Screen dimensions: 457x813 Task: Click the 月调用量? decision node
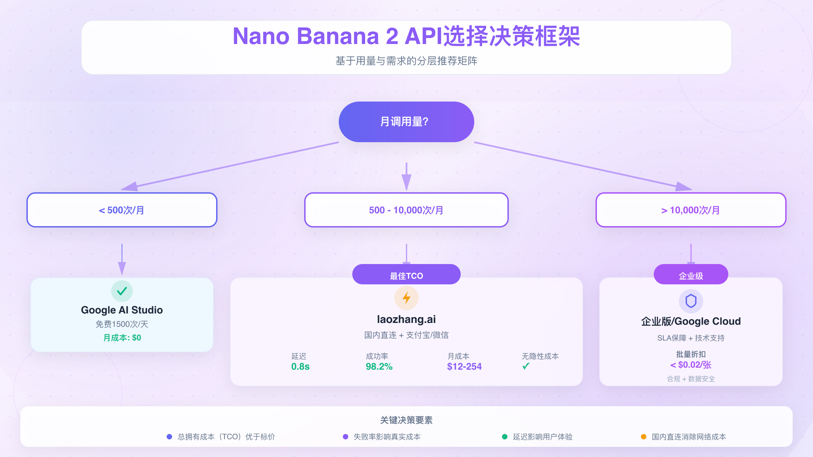[406, 122]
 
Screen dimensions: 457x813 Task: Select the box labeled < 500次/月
[122, 210]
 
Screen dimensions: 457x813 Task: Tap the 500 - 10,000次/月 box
[406, 210]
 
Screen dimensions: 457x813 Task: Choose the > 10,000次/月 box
[691, 210]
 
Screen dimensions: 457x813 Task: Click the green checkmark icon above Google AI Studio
[122, 291]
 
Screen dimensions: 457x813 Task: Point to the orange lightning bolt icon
[406, 298]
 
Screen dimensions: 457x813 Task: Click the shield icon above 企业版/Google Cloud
[691, 301]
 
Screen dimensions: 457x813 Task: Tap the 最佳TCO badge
[406, 275]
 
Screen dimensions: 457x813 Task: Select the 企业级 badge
[691, 275]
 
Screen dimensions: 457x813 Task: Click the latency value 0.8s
[300, 367]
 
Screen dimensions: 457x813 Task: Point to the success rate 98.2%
[379, 367]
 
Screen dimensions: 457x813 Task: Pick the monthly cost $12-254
[464, 367]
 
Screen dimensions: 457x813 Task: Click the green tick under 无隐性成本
[526, 366]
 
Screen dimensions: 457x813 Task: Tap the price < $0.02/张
[691, 365]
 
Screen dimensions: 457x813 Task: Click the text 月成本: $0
[122, 338]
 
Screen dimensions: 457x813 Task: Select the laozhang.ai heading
[406, 319]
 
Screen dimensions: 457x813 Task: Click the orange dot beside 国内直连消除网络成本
[644, 437]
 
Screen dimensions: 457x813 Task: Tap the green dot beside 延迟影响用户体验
[505, 437]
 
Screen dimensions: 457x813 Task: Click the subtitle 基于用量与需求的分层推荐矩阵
[406, 61]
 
